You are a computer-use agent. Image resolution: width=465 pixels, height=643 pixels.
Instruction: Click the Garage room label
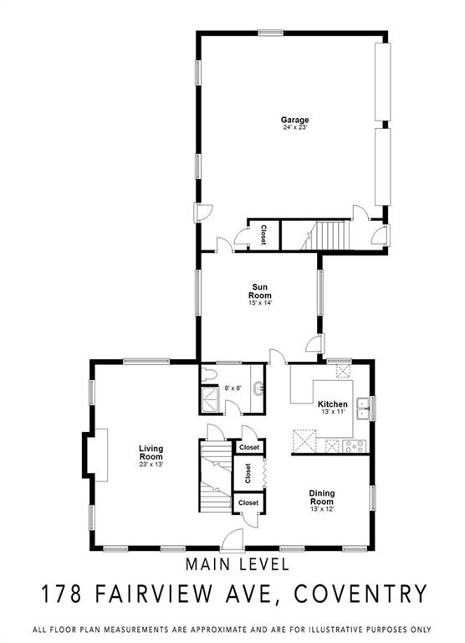[x=294, y=120]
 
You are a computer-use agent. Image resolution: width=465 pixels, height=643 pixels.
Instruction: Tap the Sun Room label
[x=260, y=291]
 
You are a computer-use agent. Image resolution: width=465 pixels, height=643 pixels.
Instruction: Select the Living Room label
[x=151, y=453]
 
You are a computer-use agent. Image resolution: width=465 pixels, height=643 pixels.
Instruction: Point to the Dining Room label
[x=322, y=497]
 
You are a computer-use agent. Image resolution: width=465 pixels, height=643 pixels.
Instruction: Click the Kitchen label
[x=333, y=404]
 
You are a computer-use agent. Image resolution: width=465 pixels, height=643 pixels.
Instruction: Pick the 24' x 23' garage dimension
[x=294, y=127]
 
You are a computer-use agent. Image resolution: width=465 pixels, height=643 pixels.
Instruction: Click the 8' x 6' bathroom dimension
[x=232, y=388]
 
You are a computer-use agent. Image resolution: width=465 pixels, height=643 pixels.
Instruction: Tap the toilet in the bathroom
[x=208, y=374]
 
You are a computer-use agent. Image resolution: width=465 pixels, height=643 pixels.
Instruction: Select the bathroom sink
[x=258, y=388]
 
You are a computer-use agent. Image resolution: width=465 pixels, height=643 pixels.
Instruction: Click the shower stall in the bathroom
[x=211, y=399]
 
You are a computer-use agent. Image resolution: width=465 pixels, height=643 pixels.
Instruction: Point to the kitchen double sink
[x=363, y=409]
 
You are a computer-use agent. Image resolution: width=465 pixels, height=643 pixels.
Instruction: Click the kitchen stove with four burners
[x=354, y=445]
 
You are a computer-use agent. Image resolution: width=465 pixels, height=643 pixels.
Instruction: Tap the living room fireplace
[x=95, y=455]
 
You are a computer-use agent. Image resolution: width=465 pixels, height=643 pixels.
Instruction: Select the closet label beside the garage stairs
[x=263, y=234]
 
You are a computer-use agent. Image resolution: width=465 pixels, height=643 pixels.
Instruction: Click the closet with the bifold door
[x=249, y=473]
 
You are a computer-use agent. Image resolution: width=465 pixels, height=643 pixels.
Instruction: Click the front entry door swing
[x=232, y=539]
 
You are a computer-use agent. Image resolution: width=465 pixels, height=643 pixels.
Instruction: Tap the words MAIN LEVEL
[x=238, y=564]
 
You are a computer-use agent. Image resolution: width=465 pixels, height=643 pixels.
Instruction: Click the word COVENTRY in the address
[x=361, y=594]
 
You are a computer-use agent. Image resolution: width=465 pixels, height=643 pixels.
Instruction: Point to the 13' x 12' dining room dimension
[x=322, y=509]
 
